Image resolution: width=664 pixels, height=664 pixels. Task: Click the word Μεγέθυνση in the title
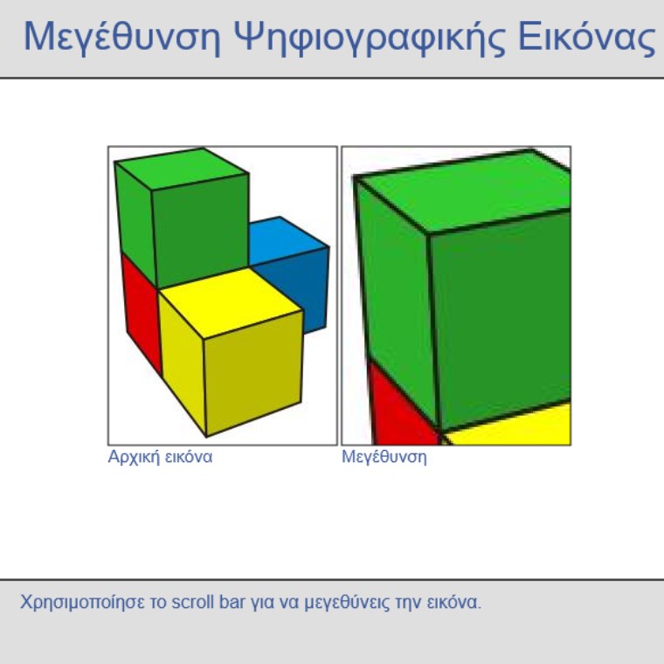click(x=122, y=37)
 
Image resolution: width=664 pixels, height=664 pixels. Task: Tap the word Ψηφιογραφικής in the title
click(x=369, y=38)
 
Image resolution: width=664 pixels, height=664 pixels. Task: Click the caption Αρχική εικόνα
click(x=160, y=457)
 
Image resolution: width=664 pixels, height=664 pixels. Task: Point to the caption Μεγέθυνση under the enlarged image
click(x=384, y=457)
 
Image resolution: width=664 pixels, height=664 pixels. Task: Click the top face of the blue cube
click(x=286, y=241)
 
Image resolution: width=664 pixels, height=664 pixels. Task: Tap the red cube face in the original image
click(x=142, y=314)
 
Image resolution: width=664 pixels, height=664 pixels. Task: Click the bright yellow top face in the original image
click(x=231, y=302)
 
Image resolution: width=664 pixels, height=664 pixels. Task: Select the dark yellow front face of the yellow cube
click(x=253, y=373)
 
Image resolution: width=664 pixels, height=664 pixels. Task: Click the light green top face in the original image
click(x=182, y=169)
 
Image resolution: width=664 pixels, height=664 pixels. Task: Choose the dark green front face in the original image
click(x=200, y=231)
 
